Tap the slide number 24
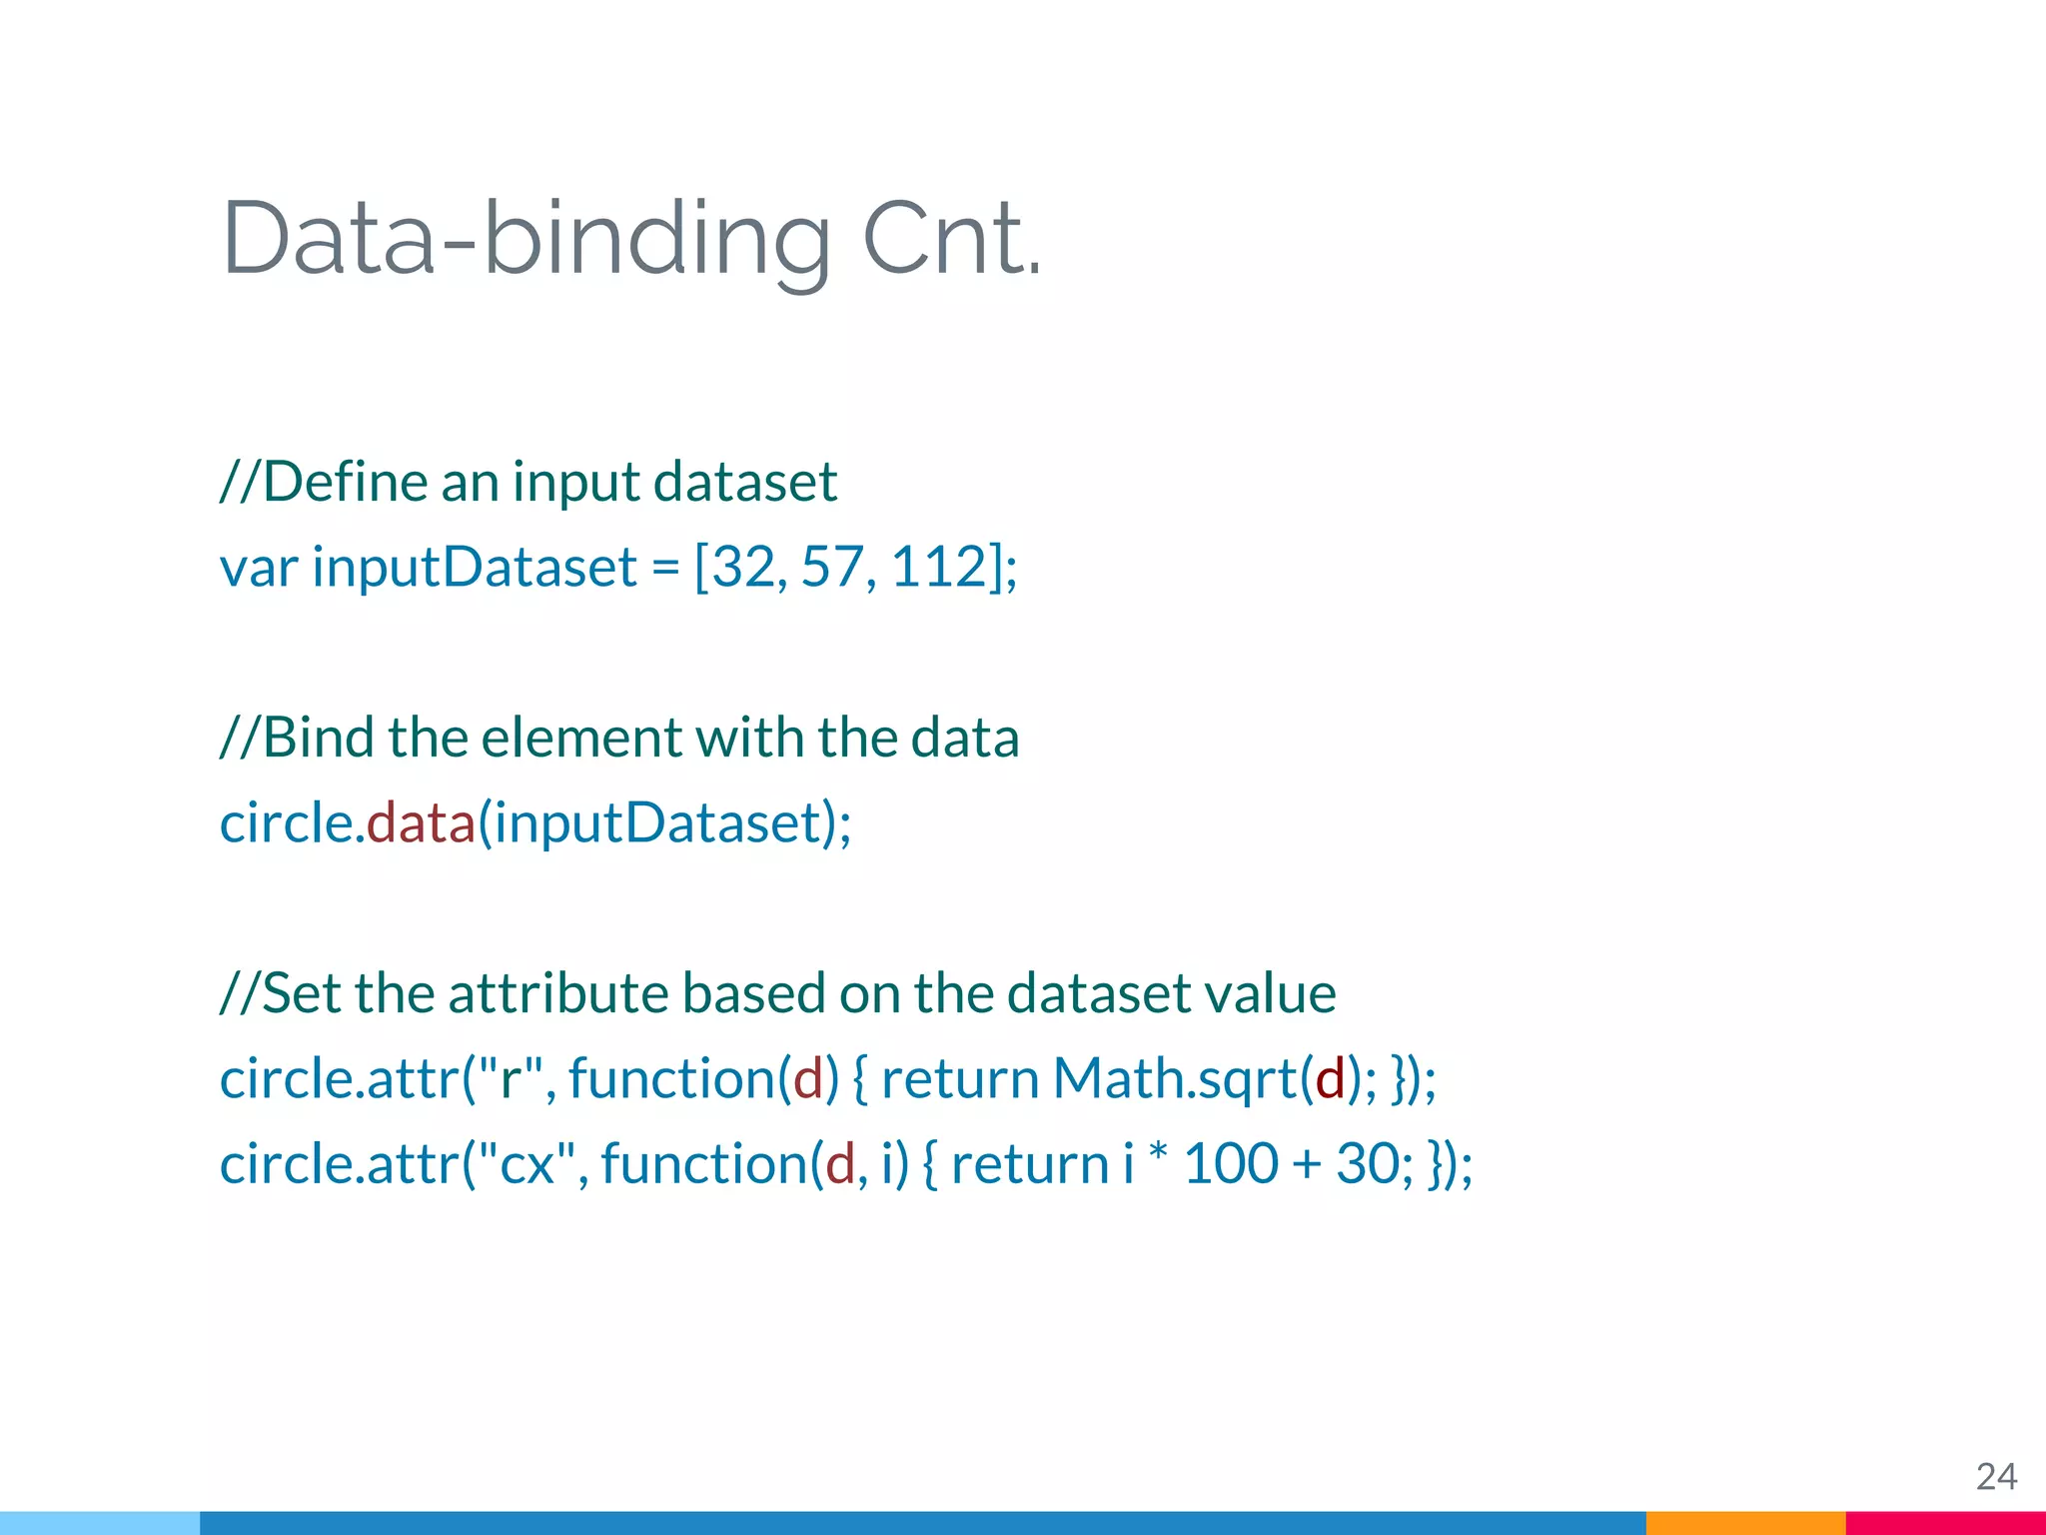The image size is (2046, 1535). coord(1996,1476)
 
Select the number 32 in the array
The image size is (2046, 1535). coord(743,567)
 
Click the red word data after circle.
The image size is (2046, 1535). coord(421,822)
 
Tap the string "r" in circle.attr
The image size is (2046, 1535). coord(511,1078)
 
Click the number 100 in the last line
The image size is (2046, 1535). coord(1231,1164)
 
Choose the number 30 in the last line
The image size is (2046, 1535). coord(1366,1164)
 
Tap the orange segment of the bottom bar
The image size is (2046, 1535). coord(1745,1523)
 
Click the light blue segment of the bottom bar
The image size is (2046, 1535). coord(100,1523)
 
